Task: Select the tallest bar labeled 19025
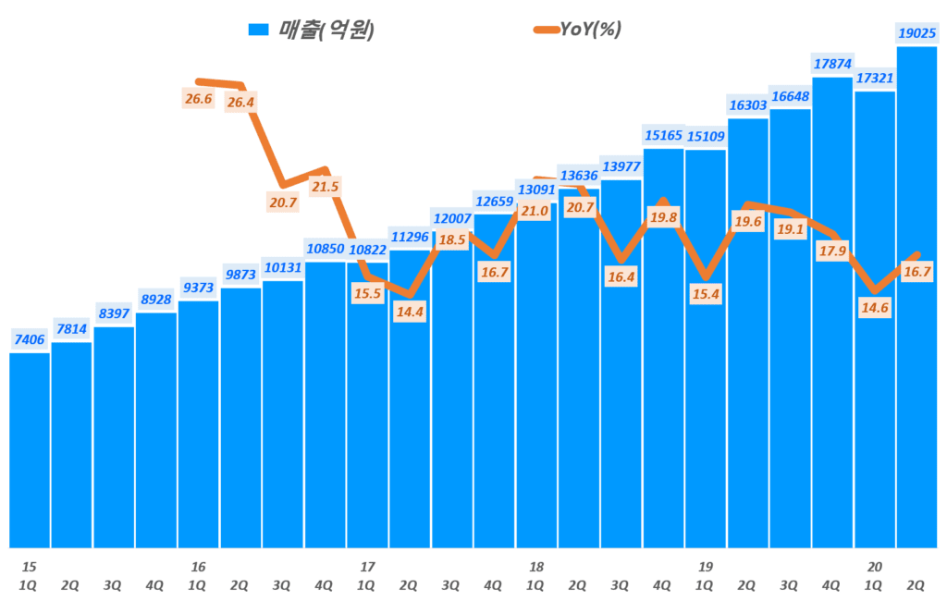click(x=916, y=296)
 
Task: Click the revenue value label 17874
click(x=831, y=64)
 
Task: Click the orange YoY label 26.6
click(x=198, y=99)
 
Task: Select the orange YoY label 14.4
click(x=410, y=312)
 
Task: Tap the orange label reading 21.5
click(x=326, y=187)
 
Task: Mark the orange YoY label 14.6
click(x=874, y=308)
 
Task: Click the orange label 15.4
click(x=706, y=295)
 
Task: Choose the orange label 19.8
click(x=663, y=217)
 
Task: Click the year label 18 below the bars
click(x=536, y=566)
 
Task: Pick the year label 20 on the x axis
click(x=875, y=566)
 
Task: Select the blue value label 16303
click(x=747, y=105)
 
